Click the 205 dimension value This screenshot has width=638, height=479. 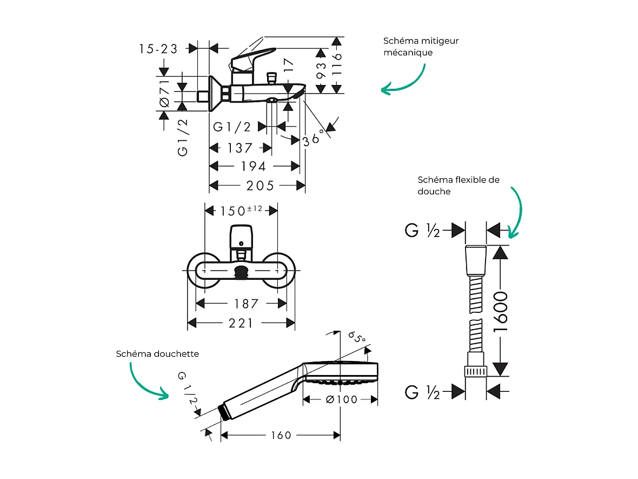[260, 186]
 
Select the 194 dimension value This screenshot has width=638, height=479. [253, 166]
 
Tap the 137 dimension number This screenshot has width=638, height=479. [240, 148]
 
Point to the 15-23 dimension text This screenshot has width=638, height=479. [158, 49]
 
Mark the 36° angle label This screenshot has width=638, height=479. [315, 136]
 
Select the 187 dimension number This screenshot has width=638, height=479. [247, 304]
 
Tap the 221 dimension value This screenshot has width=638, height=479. [241, 323]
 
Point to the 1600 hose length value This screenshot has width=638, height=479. [501, 312]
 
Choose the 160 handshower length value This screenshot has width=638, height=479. [281, 435]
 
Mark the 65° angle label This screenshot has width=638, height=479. [357, 339]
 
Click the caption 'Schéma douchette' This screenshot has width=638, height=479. [157, 354]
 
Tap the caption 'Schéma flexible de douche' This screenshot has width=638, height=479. [458, 186]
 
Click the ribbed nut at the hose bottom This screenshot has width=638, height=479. [476, 371]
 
